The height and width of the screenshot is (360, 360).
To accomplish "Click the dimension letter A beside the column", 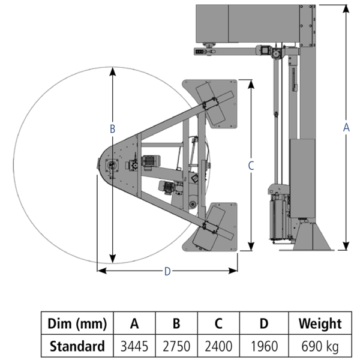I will tap(346, 127).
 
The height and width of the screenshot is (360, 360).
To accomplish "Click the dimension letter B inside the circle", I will tap(112, 128).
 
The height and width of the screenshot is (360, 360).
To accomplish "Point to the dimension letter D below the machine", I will tap(167, 271).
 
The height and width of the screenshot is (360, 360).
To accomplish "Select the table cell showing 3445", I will tap(134, 346).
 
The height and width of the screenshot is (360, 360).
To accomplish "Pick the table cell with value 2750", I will tap(176, 346).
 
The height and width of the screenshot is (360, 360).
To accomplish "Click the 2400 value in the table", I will tap(218, 346).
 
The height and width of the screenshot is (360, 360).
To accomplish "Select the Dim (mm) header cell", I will tap(77, 324).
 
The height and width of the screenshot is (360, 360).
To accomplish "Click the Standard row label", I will tap(77, 346).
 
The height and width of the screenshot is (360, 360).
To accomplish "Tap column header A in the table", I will tap(134, 324).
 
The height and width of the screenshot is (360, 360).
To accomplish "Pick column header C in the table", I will tap(218, 324).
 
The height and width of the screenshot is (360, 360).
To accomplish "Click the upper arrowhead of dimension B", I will tap(112, 71).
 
